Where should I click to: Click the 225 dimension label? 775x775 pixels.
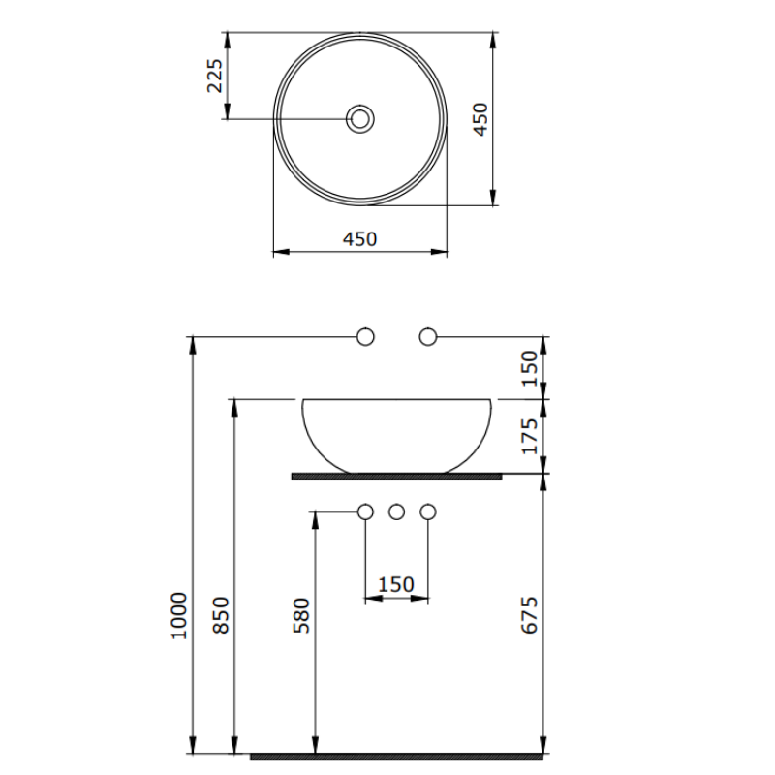pos(215,76)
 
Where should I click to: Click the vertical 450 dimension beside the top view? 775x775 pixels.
pos(480,119)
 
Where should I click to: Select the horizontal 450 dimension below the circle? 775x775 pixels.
pos(359,239)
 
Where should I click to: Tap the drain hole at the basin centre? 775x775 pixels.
pos(359,118)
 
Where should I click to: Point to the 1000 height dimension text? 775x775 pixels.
pos(179,615)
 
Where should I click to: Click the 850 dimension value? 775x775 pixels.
pos(221,615)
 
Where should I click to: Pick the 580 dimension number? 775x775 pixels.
pos(301,615)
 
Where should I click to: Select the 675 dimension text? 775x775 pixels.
pos(529,615)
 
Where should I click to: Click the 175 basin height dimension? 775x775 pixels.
pos(529,437)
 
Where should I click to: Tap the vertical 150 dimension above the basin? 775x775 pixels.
pos(529,368)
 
